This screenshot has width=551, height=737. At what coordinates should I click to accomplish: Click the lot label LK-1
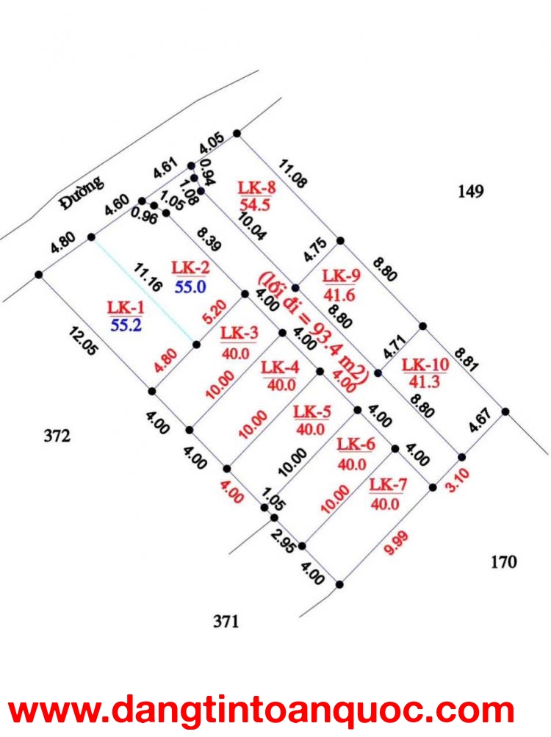click(x=126, y=307)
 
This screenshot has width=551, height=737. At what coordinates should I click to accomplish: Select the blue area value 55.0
click(x=190, y=287)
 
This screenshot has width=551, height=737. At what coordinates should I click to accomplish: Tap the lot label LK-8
click(x=256, y=187)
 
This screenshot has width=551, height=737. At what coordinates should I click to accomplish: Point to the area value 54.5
click(x=255, y=205)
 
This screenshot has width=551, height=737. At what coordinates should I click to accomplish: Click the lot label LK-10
click(x=425, y=364)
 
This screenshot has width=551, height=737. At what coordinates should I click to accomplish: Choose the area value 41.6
click(x=339, y=295)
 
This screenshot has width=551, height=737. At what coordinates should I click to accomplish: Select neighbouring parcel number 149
click(x=471, y=191)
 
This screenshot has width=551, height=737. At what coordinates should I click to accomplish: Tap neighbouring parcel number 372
click(x=57, y=436)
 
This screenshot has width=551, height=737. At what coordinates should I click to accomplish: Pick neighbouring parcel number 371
click(x=226, y=622)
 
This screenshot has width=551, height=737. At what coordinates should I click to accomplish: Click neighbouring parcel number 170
click(x=504, y=561)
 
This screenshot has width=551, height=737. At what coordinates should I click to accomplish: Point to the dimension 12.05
click(x=84, y=342)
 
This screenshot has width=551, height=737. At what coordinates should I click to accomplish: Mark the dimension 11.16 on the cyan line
click(x=148, y=277)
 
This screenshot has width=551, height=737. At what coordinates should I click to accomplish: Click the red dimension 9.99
click(x=396, y=543)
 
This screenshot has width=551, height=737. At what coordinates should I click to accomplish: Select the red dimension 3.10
click(x=458, y=480)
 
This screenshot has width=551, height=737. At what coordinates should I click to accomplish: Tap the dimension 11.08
click(x=293, y=173)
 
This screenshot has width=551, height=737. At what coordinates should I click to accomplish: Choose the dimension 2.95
click(x=284, y=541)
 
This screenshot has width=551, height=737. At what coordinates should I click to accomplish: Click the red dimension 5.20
click(x=215, y=312)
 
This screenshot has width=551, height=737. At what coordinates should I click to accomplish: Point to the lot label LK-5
click(x=312, y=412)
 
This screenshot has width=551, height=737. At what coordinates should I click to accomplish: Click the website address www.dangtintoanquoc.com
click(x=262, y=710)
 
